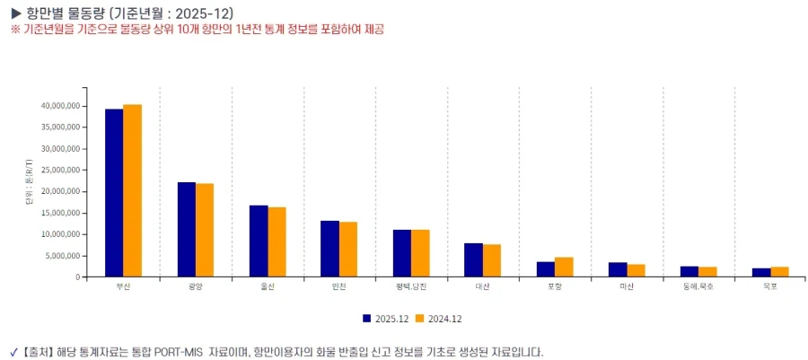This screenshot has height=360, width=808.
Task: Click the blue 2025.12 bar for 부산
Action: pyautogui.click(x=114, y=193)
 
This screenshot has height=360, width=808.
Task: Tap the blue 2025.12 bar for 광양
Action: pyautogui.click(x=186, y=229)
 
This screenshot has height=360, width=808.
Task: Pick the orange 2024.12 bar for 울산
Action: pyautogui.click(x=277, y=241)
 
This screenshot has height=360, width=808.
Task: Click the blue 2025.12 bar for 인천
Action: pyautogui.click(x=329, y=249)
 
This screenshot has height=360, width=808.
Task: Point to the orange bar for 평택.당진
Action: pyautogui.click(x=420, y=253)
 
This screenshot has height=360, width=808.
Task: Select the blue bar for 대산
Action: pyautogui.click(x=473, y=259)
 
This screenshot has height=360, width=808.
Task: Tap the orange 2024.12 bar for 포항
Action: pyautogui.click(x=564, y=267)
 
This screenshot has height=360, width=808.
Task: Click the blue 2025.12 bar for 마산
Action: pyautogui.click(x=617, y=269)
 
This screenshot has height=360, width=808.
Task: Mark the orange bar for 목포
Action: pyautogui.click(x=779, y=271)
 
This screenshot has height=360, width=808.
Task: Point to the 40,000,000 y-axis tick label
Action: pyautogui.click(x=59, y=106)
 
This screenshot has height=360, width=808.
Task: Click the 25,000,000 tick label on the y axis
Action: pyautogui.click(x=59, y=170)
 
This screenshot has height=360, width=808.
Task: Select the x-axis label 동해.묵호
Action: pyautogui.click(x=698, y=286)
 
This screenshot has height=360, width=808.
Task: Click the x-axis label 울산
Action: pyautogui.click(x=268, y=286)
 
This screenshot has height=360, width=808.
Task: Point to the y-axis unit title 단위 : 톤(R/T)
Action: pyautogui.click(x=30, y=186)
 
